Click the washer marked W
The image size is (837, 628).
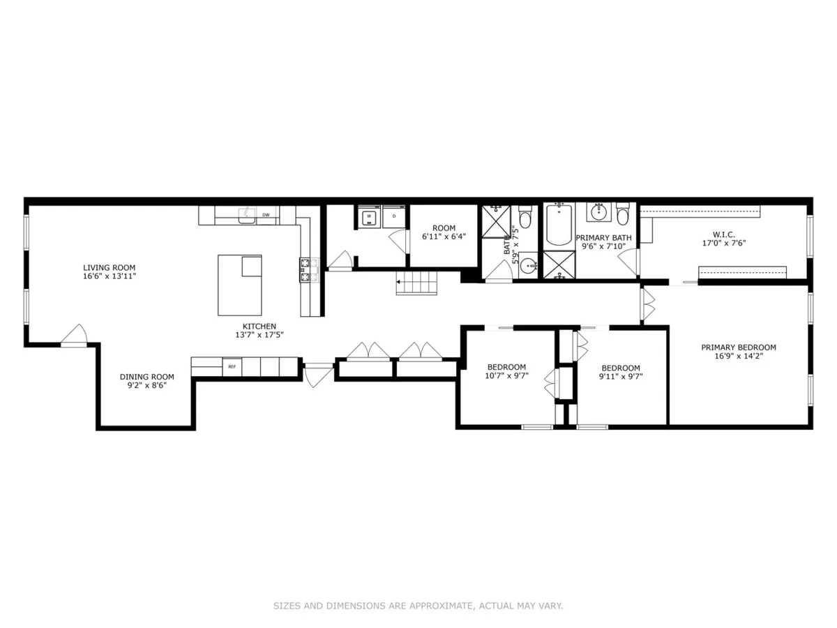[368, 217]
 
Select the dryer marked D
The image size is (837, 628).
[394, 217]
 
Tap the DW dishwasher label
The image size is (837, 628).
[266, 215]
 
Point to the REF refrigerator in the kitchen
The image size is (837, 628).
[231, 366]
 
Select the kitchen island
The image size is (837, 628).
[239, 285]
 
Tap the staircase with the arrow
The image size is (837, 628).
[416, 283]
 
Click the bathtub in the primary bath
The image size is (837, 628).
[559, 225]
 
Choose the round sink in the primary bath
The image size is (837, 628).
[598, 211]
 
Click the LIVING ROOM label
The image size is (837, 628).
[109, 267]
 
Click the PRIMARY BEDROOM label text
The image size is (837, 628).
[738, 347]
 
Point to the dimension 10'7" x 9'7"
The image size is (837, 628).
[506, 376]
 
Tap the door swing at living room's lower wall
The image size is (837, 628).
[74, 336]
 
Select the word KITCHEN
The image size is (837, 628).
[259, 326]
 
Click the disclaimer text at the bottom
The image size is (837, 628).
[418, 606]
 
